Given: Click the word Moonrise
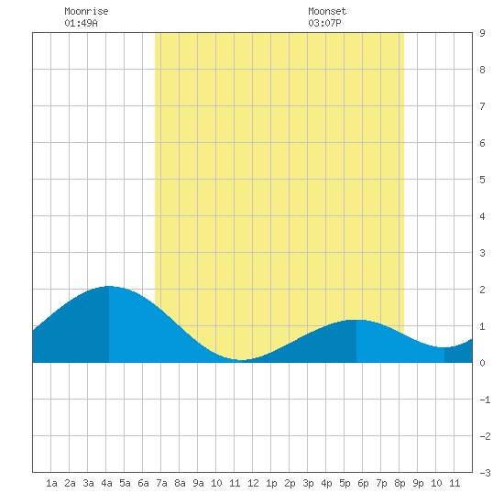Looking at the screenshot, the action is tap(86, 11).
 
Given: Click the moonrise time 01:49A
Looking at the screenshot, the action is tap(81, 23).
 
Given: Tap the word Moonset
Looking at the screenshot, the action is tap(327, 11).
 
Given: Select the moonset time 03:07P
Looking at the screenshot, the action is tap(324, 23).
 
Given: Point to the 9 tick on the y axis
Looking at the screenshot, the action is tap(482, 33).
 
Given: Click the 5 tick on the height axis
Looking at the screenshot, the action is tap(482, 180).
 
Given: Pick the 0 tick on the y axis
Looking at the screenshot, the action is tap(482, 363).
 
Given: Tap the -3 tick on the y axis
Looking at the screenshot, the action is tap(485, 473).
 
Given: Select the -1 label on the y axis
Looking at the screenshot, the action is tap(485, 400).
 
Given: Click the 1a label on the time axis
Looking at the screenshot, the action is tap(51, 483).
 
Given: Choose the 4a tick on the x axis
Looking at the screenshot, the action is tap(106, 483).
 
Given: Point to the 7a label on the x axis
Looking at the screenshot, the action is tap(161, 483).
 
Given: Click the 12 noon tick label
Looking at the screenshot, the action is tap(253, 483).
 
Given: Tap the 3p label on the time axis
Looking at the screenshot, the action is tap(308, 483).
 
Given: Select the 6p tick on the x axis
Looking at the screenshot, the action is tap(363, 483).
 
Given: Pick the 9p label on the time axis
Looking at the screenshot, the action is tap(418, 483).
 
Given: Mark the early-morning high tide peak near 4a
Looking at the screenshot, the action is tap(109, 286).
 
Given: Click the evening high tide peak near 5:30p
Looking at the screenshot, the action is tap(356, 320).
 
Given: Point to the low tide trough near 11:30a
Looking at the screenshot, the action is tap(242, 360).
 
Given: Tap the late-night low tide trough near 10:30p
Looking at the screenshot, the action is tap(444, 347).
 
